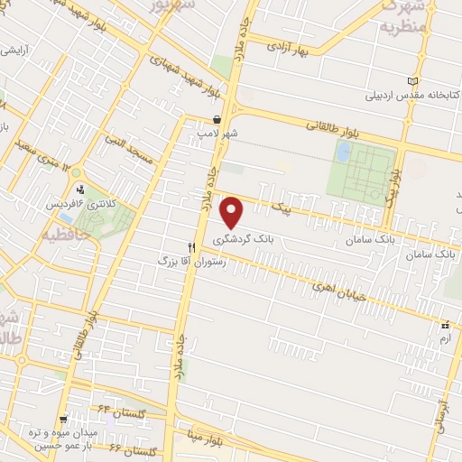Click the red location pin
point(233,213)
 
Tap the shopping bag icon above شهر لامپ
point(217,118)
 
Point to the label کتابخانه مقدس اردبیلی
point(406,94)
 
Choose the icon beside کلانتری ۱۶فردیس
point(83,189)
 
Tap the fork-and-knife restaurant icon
point(191,246)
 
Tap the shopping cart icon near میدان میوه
point(63,420)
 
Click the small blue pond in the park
point(343,152)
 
